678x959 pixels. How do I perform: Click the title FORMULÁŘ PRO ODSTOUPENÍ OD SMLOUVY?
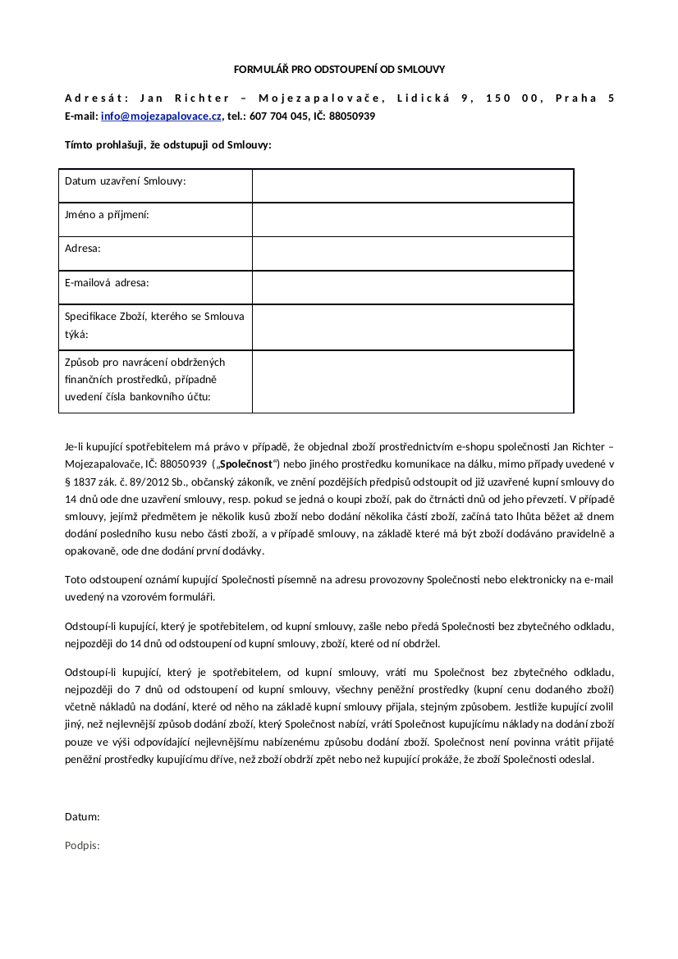339,70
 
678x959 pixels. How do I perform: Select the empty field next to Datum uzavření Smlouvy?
412,185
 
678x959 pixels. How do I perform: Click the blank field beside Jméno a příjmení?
412,219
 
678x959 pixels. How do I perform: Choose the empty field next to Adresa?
412,253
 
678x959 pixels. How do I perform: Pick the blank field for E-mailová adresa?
412,287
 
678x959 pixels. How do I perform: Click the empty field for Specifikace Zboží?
412,327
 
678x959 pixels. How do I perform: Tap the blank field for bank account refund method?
412,381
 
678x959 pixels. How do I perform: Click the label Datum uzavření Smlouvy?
126,180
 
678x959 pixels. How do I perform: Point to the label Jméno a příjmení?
107,215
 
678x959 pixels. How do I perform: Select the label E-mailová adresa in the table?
107,283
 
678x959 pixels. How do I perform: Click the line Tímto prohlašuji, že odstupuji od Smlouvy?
167,145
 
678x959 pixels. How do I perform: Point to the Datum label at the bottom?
82,817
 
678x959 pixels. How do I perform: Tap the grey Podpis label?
82,846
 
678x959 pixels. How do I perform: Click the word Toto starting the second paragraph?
76,579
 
